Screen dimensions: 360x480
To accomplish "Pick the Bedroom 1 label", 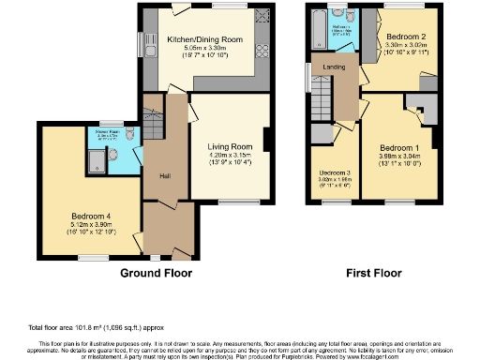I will (x=399, y=148).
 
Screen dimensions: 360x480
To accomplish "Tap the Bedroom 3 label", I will (x=335, y=174).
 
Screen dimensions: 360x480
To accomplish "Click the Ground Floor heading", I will (x=156, y=274).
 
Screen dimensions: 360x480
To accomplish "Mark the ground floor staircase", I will (x=151, y=126).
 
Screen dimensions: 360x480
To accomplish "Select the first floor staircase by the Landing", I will (x=322, y=97).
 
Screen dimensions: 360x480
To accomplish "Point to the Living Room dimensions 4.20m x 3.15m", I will (x=229, y=156).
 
